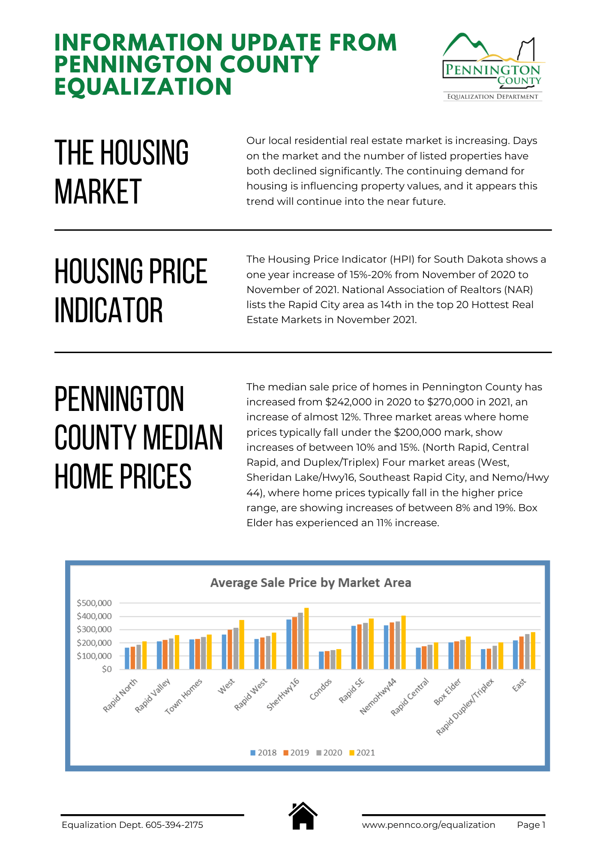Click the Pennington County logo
pyautogui.click(x=492, y=66)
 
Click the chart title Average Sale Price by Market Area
pyautogui.click(x=311, y=583)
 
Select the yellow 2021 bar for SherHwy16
pyautogui.click(x=306, y=638)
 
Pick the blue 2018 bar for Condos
pyautogui.click(x=321, y=660)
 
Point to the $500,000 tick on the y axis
pyautogui.click(x=94, y=603)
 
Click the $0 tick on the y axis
pyautogui.click(x=107, y=669)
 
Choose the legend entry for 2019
pyautogui.click(x=296, y=752)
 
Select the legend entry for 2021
pyautogui.click(x=362, y=752)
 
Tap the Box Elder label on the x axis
pyautogui.click(x=447, y=691)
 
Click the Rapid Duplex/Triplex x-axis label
pyautogui.click(x=465, y=707)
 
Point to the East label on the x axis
pyautogui.click(x=519, y=685)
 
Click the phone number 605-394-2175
pyautogui.click(x=174, y=825)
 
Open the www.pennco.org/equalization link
pyautogui.click(x=428, y=825)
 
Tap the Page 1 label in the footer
pyautogui.click(x=531, y=825)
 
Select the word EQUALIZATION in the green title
pyautogui.click(x=143, y=87)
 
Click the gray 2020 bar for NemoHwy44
pyautogui.click(x=398, y=645)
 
